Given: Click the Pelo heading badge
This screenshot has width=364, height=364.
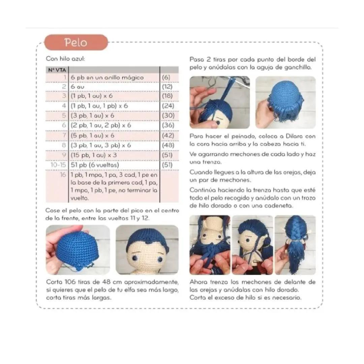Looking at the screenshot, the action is coord(76,42).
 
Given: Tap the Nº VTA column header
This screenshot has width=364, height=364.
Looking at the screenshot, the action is coord(57,70).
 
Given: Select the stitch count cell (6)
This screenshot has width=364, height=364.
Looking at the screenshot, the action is coord(166,77).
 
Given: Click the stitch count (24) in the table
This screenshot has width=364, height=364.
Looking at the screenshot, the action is coord(168,106).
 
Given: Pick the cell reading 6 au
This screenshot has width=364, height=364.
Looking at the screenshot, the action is coord(78,87).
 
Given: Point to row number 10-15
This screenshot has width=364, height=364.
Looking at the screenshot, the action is coord(58,165).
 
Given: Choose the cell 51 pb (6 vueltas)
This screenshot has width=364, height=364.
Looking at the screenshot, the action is coord(95,165).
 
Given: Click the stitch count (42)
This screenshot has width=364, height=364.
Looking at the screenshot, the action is coord(168,135).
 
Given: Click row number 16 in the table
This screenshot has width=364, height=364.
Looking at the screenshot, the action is coord(63,175).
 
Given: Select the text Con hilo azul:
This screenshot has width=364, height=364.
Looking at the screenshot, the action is coord(65,59).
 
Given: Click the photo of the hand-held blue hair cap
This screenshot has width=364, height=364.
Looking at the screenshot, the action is coord(78,250).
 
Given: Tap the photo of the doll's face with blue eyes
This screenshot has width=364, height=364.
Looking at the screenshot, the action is coord(147,250).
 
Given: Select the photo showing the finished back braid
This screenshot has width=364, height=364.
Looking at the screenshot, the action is coord(295,245).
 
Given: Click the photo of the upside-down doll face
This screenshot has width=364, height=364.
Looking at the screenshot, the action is coord(210,245).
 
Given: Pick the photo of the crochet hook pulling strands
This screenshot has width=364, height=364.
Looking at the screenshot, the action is coord(220,102).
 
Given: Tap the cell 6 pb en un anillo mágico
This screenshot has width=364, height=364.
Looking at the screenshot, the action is coord(107,78).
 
